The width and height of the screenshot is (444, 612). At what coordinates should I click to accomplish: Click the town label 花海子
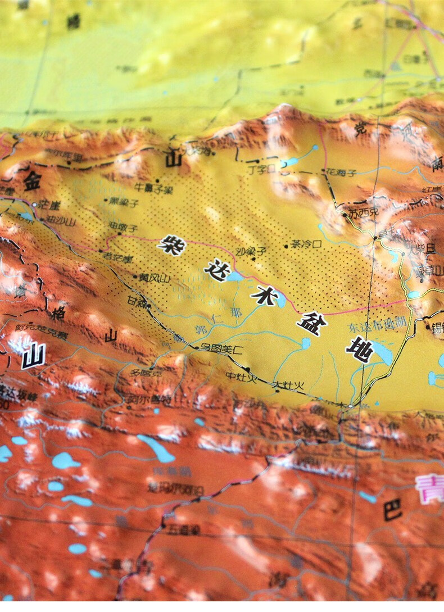pyautogui.click(x=342, y=173)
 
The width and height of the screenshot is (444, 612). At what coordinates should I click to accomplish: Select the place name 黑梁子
pyautogui.click(x=124, y=202)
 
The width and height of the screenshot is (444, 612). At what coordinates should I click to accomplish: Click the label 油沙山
pyautogui.click(x=60, y=220)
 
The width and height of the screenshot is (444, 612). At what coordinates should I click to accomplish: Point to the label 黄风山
pyautogui.click(x=155, y=277)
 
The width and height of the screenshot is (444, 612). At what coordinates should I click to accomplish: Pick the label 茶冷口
pyautogui.click(x=306, y=244)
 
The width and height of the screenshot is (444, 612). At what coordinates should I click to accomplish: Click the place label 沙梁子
pyautogui.click(x=251, y=251)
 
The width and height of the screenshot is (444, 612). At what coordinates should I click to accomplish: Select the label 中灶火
pyautogui.click(x=241, y=377)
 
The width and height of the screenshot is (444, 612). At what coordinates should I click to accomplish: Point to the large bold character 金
pyautogui.click(x=33, y=180)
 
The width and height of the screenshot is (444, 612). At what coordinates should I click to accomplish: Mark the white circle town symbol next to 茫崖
pyautogui.click(x=35, y=205)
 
